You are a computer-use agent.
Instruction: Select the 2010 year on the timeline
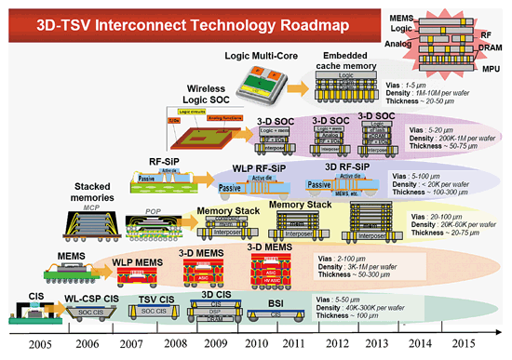(x=255, y=341)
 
